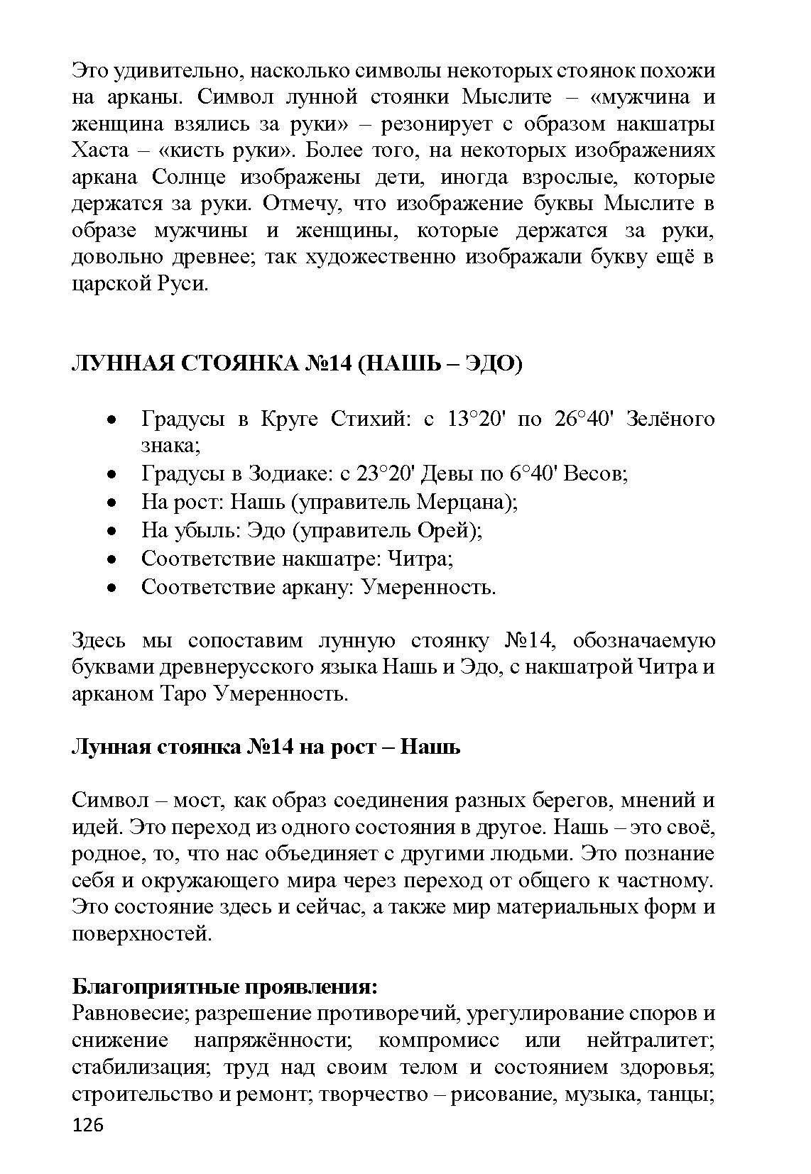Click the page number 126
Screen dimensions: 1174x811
point(88,1125)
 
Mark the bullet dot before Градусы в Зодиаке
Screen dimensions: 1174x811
point(111,473)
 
